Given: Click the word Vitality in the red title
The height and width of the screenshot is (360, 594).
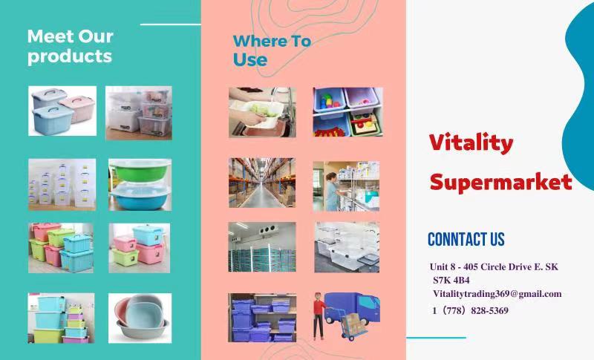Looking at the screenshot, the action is (x=471, y=143).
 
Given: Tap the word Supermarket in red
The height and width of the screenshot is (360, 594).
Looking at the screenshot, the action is (x=500, y=183).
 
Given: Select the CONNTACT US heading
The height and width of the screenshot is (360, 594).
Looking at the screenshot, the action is (x=466, y=239).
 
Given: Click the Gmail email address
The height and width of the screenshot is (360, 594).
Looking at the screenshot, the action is (x=497, y=294).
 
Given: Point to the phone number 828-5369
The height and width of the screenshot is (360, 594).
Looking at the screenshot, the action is (x=489, y=311).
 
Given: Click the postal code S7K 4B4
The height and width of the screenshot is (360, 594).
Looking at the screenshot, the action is (x=451, y=281).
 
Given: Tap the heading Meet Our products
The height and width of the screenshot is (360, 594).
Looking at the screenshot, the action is (x=70, y=47).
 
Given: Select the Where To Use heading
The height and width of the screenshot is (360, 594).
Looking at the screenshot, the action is (x=272, y=50).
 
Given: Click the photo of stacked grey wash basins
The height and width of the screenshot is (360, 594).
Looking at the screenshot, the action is (x=140, y=318).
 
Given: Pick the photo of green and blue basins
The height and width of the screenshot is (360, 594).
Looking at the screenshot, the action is (x=140, y=185).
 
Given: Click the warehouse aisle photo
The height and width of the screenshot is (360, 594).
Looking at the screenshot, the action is (x=262, y=183).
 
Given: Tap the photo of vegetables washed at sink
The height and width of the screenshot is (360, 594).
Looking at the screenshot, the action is (x=262, y=112).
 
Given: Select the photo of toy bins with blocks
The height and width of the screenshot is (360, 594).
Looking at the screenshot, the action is (x=347, y=112).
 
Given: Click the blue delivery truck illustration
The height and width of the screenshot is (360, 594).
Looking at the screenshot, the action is (x=352, y=308).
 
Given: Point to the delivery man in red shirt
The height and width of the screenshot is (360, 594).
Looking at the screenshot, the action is (x=319, y=315).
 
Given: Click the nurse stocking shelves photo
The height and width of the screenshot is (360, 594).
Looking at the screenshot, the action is (x=346, y=186).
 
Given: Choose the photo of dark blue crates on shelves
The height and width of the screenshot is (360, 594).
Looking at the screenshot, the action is (x=262, y=318).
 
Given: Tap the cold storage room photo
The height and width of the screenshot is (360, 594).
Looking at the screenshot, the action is (x=262, y=247).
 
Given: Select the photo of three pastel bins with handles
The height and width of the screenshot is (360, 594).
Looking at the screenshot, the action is (x=62, y=111).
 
